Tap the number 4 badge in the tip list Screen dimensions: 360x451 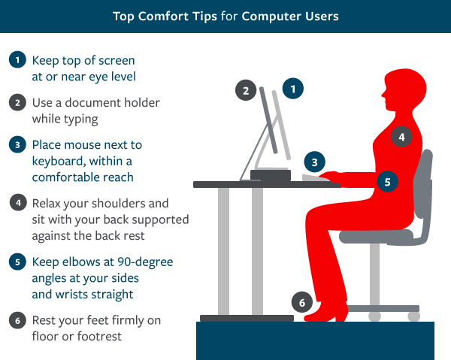click(x=17, y=203)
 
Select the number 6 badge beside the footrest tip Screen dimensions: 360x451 click(x=17, y=319)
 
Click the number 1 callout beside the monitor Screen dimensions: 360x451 click(x=292, y=88)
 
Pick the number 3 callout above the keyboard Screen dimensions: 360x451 click(x=315, y=161)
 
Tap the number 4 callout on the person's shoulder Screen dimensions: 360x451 click(x=402, y=138)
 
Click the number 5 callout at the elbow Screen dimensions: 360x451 click(x=386, y=181)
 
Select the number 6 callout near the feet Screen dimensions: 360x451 click(x=301, y=304)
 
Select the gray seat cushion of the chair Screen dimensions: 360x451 click(x=375, y=237)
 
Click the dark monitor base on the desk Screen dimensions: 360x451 click(x=270, y=175)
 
